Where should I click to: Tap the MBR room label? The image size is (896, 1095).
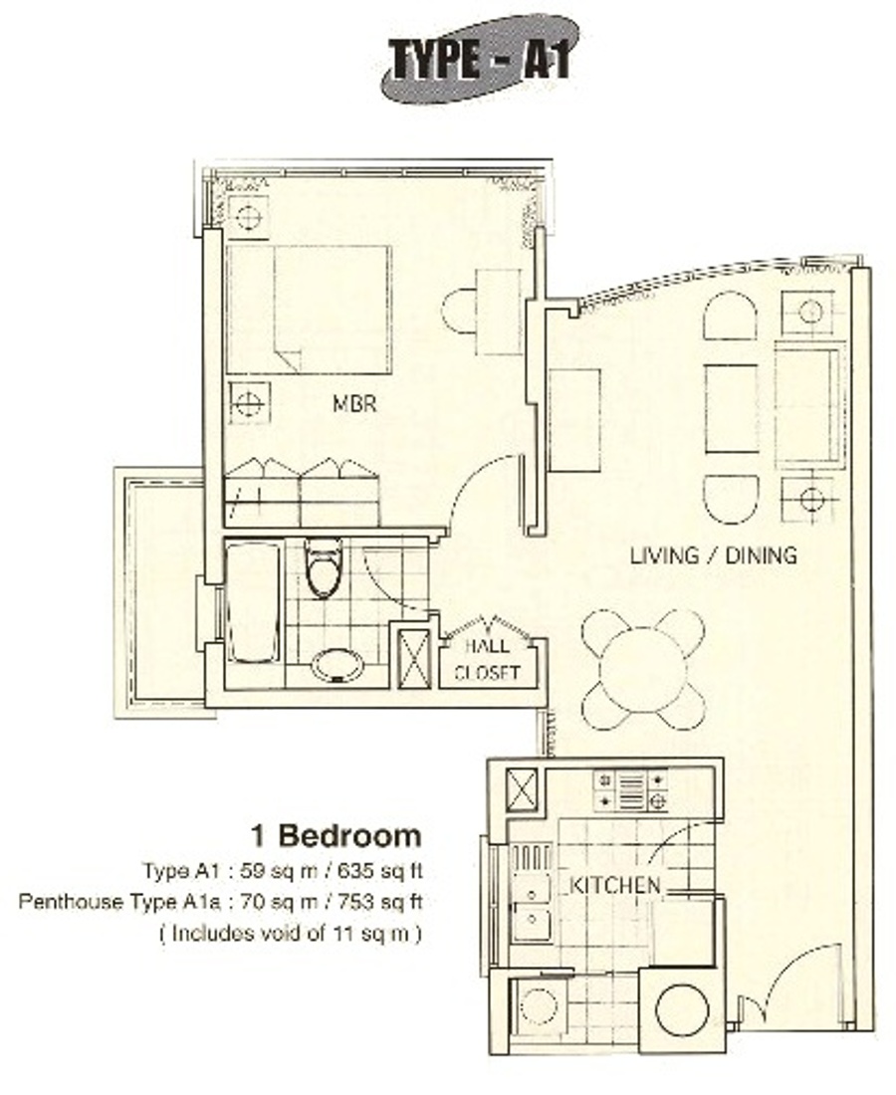354,403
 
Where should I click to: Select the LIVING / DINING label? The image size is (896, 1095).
713,555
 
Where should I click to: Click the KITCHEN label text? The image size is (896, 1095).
614,885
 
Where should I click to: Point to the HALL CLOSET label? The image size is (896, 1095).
488,659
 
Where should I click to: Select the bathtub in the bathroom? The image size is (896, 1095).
254,603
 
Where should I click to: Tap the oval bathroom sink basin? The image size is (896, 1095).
338,666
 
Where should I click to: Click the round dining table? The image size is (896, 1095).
642,670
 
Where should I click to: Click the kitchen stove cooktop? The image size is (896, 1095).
630,789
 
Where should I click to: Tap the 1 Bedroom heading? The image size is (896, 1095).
336,835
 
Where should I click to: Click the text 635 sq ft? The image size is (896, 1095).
380,871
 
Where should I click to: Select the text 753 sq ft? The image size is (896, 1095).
380,902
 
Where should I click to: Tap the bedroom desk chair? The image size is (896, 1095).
459,312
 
